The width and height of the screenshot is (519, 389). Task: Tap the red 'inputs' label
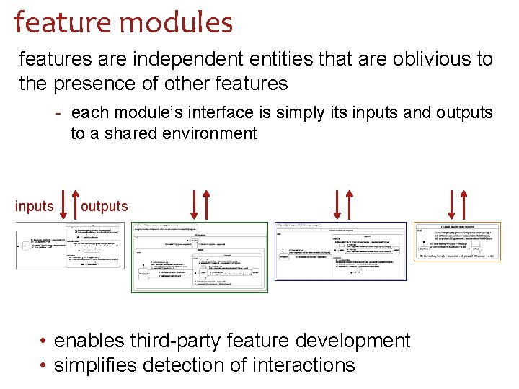[35, 207]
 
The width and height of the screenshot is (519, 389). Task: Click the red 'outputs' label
[105, 207]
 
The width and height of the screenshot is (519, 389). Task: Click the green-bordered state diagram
[199, 257]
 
